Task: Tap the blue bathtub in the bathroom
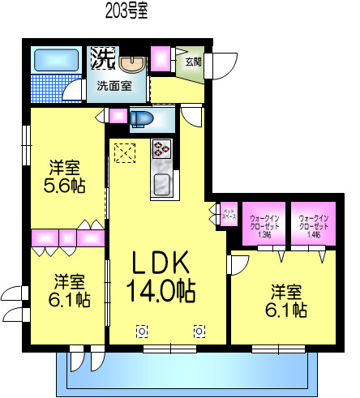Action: click(55, 61)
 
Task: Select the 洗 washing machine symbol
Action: click(102, 58)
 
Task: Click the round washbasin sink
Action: click(130, 62)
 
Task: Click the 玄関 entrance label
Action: click(193, 61)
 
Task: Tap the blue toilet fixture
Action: click(143, 118)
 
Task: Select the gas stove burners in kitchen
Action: click(161, 149)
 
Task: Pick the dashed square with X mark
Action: click(124, 152)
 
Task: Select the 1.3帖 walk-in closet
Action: click(264, 225)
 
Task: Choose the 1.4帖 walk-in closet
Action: click(312, 225)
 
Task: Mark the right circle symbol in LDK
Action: click(199, 330)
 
